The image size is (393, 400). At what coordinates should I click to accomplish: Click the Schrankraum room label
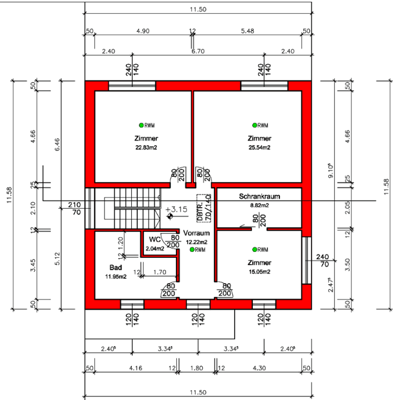tap(259, 197)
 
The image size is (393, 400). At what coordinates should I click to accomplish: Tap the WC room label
tap(155, 239)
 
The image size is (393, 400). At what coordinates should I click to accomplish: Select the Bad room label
tap(116, 267)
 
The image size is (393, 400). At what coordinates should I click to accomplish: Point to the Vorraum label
tap(196, 233)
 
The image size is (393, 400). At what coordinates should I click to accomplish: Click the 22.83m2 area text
tap(146, 148)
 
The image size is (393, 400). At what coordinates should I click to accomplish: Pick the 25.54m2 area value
tap(259, 148)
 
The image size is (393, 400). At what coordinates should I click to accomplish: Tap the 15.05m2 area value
tap(259, 272)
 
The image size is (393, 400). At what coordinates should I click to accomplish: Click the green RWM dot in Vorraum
tap(192, 250)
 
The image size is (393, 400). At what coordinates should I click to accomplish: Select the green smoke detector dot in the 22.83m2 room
tap(141, 125)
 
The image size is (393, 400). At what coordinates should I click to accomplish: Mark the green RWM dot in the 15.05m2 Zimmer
tap(254, 249)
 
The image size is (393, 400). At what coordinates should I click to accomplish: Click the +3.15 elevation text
tap(176, 209)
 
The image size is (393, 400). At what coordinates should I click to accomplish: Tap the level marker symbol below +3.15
tap(170, 216)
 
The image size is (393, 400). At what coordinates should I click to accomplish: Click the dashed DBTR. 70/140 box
tap(204, 208)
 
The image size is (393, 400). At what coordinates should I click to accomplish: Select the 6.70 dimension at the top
tap(198, 51)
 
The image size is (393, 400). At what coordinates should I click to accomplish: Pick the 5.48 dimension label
tap(247, 31)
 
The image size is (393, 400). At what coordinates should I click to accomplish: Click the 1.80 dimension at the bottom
tap(196, 368)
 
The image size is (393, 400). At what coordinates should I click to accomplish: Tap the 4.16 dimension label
tap(135, 368)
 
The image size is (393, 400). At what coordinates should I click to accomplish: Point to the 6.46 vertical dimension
tap(57, 145)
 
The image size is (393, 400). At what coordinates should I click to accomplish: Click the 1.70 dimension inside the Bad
tap(160, 272)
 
